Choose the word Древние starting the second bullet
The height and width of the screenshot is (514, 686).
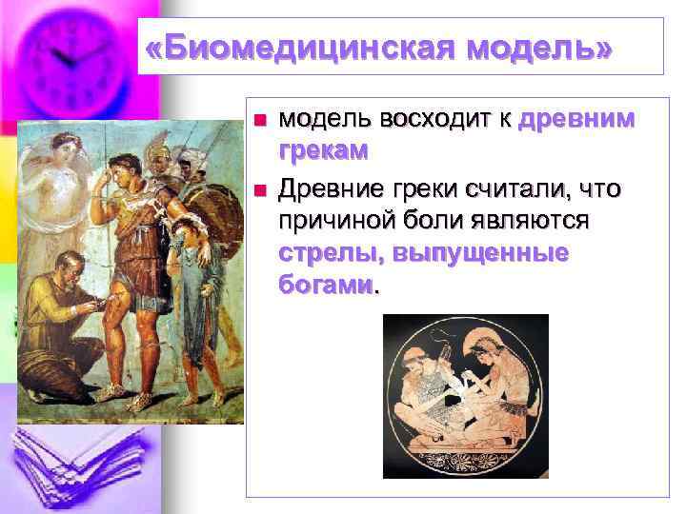[x=329, y=189]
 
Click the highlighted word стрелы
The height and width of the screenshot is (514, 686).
[x=324, y=254]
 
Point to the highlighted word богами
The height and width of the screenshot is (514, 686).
[x=325, y=286]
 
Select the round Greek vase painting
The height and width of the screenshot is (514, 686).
[x=465, y=395]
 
